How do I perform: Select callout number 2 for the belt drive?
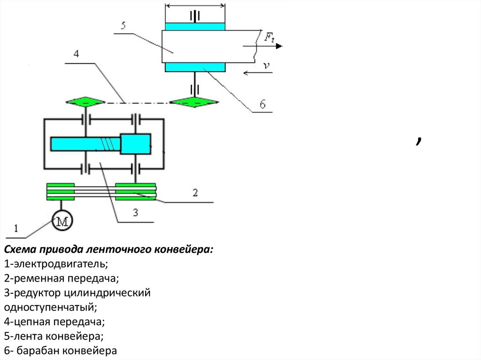click(194, 192)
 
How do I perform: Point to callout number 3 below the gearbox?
click(135, 213)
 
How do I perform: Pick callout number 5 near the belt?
click(123, 25)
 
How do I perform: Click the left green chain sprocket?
click(85, 102)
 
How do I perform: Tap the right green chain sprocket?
click(194, 102)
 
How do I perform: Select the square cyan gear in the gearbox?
click(135, 144)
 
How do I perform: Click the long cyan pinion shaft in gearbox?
click(85, 144)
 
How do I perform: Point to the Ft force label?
click(269, 38)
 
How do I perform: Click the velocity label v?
click(266, 67)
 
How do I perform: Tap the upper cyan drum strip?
click(195, 27)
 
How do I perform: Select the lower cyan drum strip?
click(195, 67)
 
